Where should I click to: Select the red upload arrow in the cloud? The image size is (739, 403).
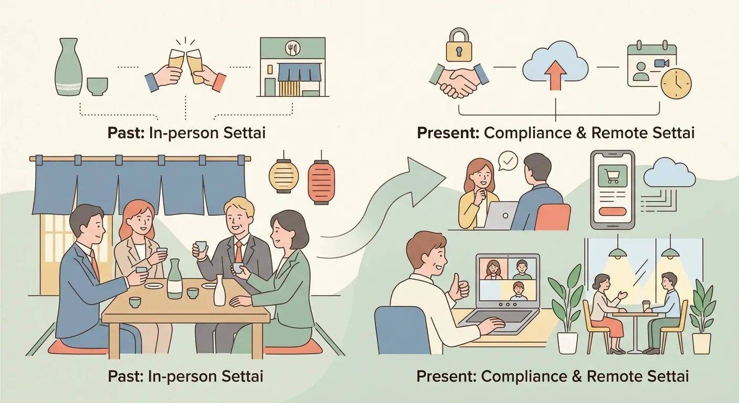[556, 75]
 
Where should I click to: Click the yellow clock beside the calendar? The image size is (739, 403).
[677, 84]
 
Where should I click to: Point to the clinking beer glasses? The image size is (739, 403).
[185, 68]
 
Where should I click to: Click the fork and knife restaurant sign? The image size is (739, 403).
[292, 49]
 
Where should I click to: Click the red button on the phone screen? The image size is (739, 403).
[613, 211]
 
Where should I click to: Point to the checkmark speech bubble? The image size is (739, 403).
[508, 161]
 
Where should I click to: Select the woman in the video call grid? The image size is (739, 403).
[493, 269]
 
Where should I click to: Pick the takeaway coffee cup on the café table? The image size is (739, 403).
[646, 306]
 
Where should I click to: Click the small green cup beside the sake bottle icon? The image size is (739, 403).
[97, 87]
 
